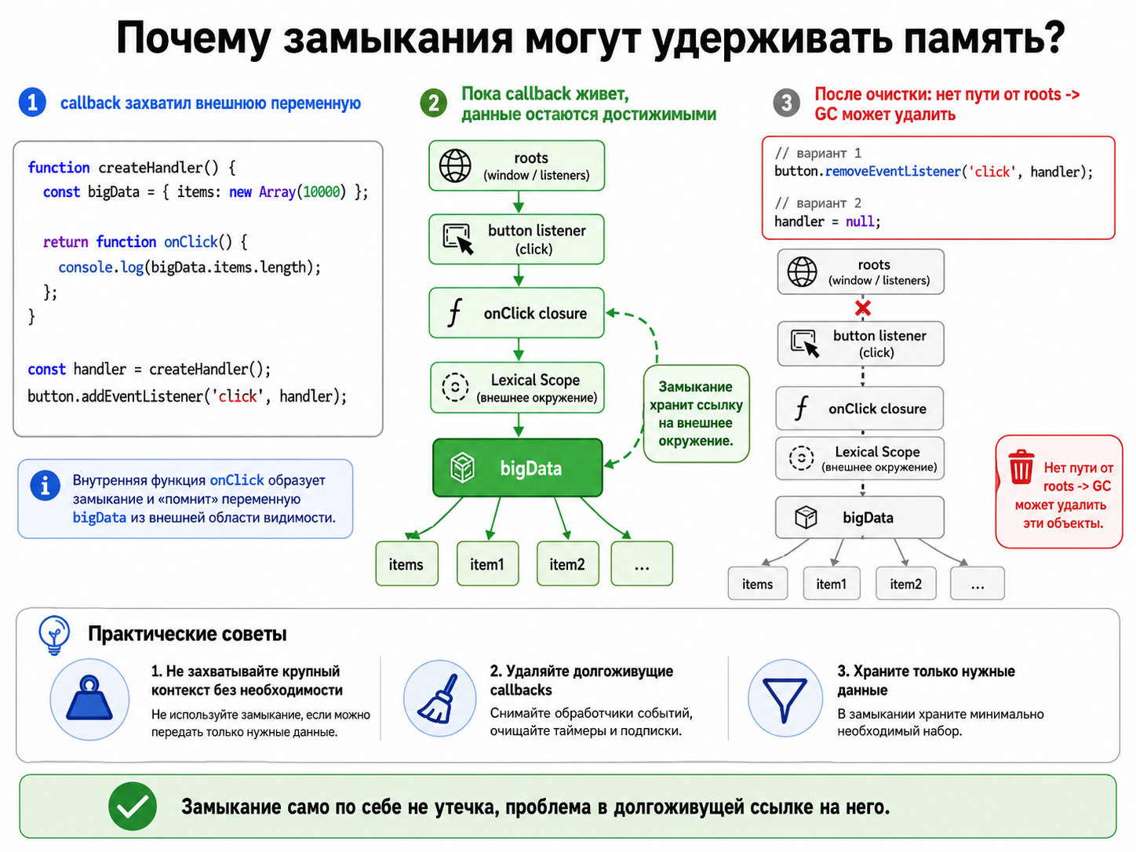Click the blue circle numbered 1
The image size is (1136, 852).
pyautogui.click(x=32, y=103)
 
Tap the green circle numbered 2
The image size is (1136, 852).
pyautogui.click(x=434, y=103)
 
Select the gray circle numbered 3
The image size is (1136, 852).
pyautogui.click(x=786, y=103)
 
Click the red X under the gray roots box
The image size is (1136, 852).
pyautogui.click(x=862, y=308)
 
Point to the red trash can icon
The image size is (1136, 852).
pyautogui.click(x=1021, y=467)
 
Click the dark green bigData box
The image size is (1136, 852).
pyautogui.click(x=518, y=468)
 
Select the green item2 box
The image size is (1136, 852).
pyautogui.click(x=568, y=564)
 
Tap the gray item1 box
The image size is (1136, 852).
pyautogui.click(x=832, y=584)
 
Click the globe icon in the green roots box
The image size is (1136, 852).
pyautogui.click(x=455, y=166)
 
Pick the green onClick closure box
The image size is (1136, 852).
pyautogui.click(x=516, y=313)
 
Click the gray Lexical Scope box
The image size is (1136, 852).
pyautogui.click(x=860, y=458)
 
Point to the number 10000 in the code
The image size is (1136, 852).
pyautogui.click(x=322, y=192)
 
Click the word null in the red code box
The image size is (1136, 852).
pyautogui.click(x=860, y=221)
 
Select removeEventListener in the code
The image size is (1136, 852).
pyautogui.click(x=893, y=171)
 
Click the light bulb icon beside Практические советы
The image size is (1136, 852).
pyautogui.click(x=54, y=635)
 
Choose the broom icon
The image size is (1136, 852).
pyautogui.click(x=439, y=698)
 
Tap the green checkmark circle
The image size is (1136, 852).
pyautogui.click(x=133, y=806)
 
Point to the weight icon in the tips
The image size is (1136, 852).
pyautogui.click(x=89, y=698)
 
